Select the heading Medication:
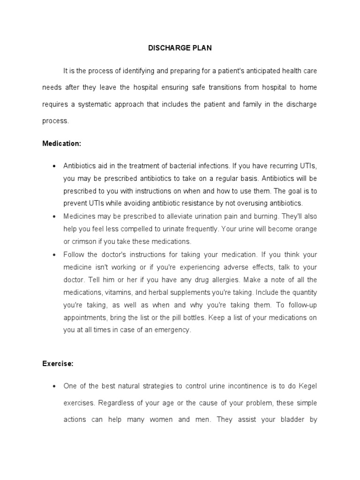click(x=62, y=144)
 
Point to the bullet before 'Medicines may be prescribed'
click(x=54, y=217)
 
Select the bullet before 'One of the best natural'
click(x=54, y=386)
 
